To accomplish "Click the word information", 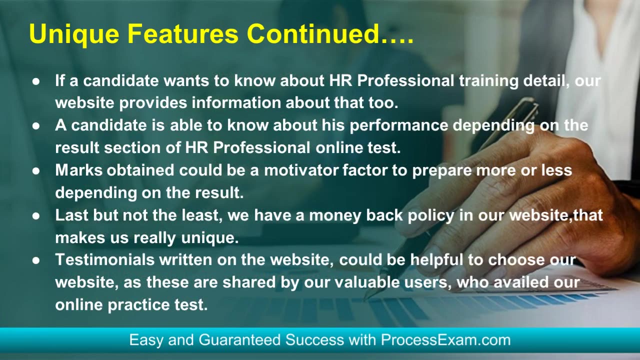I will tap(238, 102).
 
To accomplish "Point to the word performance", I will tap(398, 125).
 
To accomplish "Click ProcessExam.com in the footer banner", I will tap(445, 340).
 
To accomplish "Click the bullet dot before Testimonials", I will tap(35, 260).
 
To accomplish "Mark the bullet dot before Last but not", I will tap(35, 216).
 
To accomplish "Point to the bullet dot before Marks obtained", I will tap(35, 171).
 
